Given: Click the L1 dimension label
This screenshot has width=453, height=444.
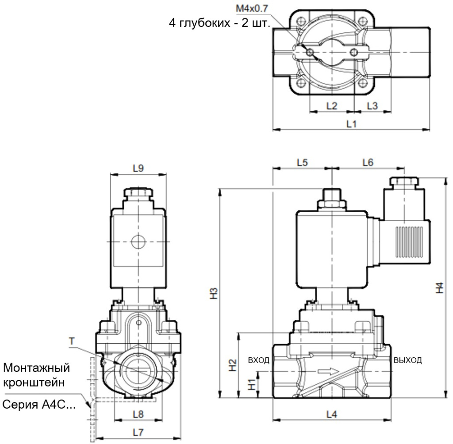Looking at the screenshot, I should click(351, 124).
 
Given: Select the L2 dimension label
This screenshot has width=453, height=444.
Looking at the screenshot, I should click(331, 106).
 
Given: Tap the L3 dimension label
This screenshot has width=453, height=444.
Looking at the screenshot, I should click(372, 106).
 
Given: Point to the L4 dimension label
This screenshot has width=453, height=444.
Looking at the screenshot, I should click(331, 414).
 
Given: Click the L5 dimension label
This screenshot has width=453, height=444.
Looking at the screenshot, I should click(302, 163).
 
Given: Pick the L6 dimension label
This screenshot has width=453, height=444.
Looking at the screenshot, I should click(368, 163).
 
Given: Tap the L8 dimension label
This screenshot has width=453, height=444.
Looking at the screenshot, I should click(138, 414).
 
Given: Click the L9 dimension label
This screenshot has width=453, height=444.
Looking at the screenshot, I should click(138, 168).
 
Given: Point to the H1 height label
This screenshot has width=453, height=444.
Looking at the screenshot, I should click(251, 384).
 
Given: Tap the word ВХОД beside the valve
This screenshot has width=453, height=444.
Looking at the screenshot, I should click(259, 360).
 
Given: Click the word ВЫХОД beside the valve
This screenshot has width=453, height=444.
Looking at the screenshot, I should click(407, 360).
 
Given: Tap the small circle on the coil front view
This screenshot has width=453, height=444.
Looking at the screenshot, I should click(138, 242).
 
